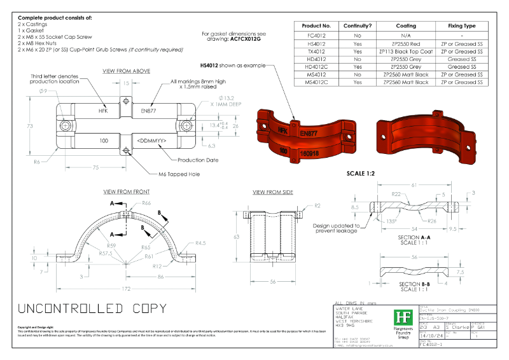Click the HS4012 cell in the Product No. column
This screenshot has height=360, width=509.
[317, 43]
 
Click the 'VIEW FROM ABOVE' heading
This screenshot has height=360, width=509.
[126, 71]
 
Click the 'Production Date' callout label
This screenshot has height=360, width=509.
[198, 160]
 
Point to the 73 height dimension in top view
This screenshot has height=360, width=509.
[29, 127]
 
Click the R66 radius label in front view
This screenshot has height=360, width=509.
[146, 203]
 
